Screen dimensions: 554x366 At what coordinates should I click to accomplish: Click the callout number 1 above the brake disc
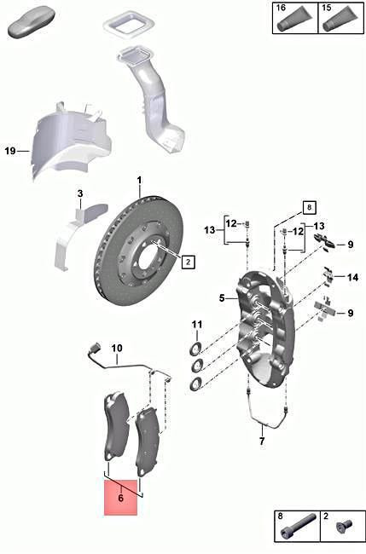click(x=141, y=181)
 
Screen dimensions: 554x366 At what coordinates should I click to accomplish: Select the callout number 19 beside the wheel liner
click(x=10, y=151)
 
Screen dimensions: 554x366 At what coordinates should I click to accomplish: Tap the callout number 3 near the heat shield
click(x=79, y=193)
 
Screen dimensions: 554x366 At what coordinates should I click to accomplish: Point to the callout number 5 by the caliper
click(x=220, y=298)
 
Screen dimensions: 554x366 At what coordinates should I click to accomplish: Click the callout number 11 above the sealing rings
click(x=196, y=324)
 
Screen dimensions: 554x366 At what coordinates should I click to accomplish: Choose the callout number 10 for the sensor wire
click(x=118, y=348)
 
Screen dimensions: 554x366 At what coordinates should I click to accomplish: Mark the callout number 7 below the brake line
click(x=263, y=441)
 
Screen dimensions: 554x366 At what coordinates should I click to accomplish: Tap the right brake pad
click(x=148, y=441)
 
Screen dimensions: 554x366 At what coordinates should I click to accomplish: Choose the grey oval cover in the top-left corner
click(x=31, y=21)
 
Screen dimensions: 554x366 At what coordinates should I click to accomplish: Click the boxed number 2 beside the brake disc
click(x=188, y=262)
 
